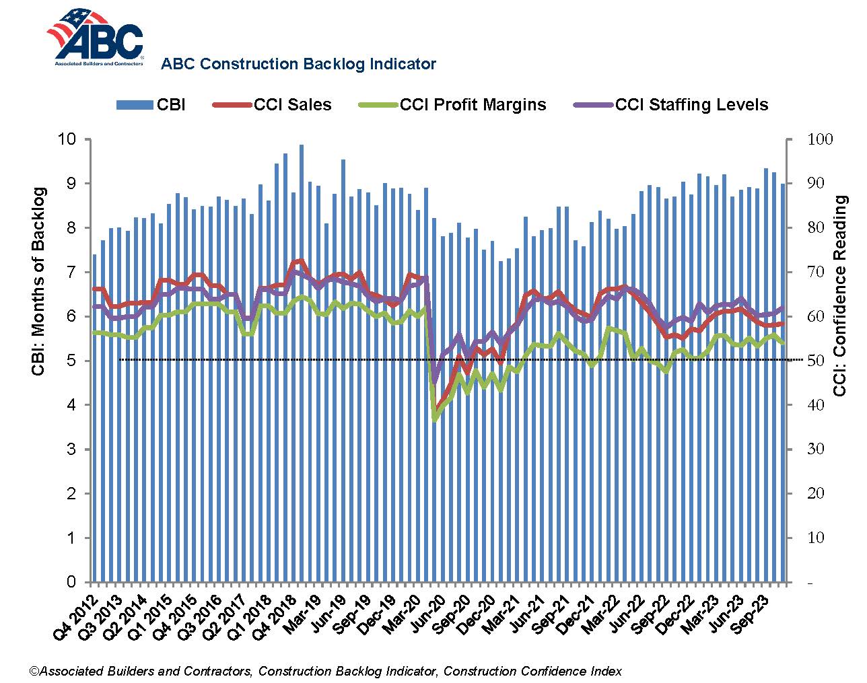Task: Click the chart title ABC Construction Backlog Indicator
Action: pyautogui.click(x=298, y=65)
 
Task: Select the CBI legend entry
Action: pyautogui.click(x=151, y=105)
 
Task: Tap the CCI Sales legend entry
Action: pyautogui.click(x=273, y=105)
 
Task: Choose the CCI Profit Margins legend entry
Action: pyautogui.click(x=452, y=105)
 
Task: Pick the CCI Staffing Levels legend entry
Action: pyautogui.click(x=671, y=105)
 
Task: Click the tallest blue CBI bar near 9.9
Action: pyautogui.click(x=301, y=363)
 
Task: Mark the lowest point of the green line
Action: pyautogui.click(x=435, y=420)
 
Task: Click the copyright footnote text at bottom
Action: pyautogui.click(x=325, y=671)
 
